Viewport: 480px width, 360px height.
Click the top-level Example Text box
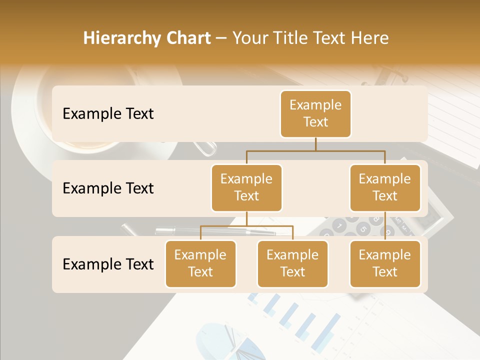tap(315, 113)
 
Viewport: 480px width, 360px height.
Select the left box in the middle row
tap(246, 187)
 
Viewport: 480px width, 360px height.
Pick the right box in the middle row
tap(385, 187)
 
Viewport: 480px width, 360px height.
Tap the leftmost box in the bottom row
tap(200, 263)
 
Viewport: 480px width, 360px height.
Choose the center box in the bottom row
tap(292, 263)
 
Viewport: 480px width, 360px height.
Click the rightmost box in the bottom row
tap(385, 263)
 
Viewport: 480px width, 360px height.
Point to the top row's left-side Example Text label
tap(108, 113)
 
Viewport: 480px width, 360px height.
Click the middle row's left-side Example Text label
tap(108, 188)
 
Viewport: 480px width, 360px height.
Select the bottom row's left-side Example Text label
tap(108, 264)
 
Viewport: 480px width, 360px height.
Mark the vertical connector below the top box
tap(315, 144)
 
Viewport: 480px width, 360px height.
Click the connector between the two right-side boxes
tap(385, 225)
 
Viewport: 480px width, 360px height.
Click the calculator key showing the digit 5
tap(363, 229)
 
